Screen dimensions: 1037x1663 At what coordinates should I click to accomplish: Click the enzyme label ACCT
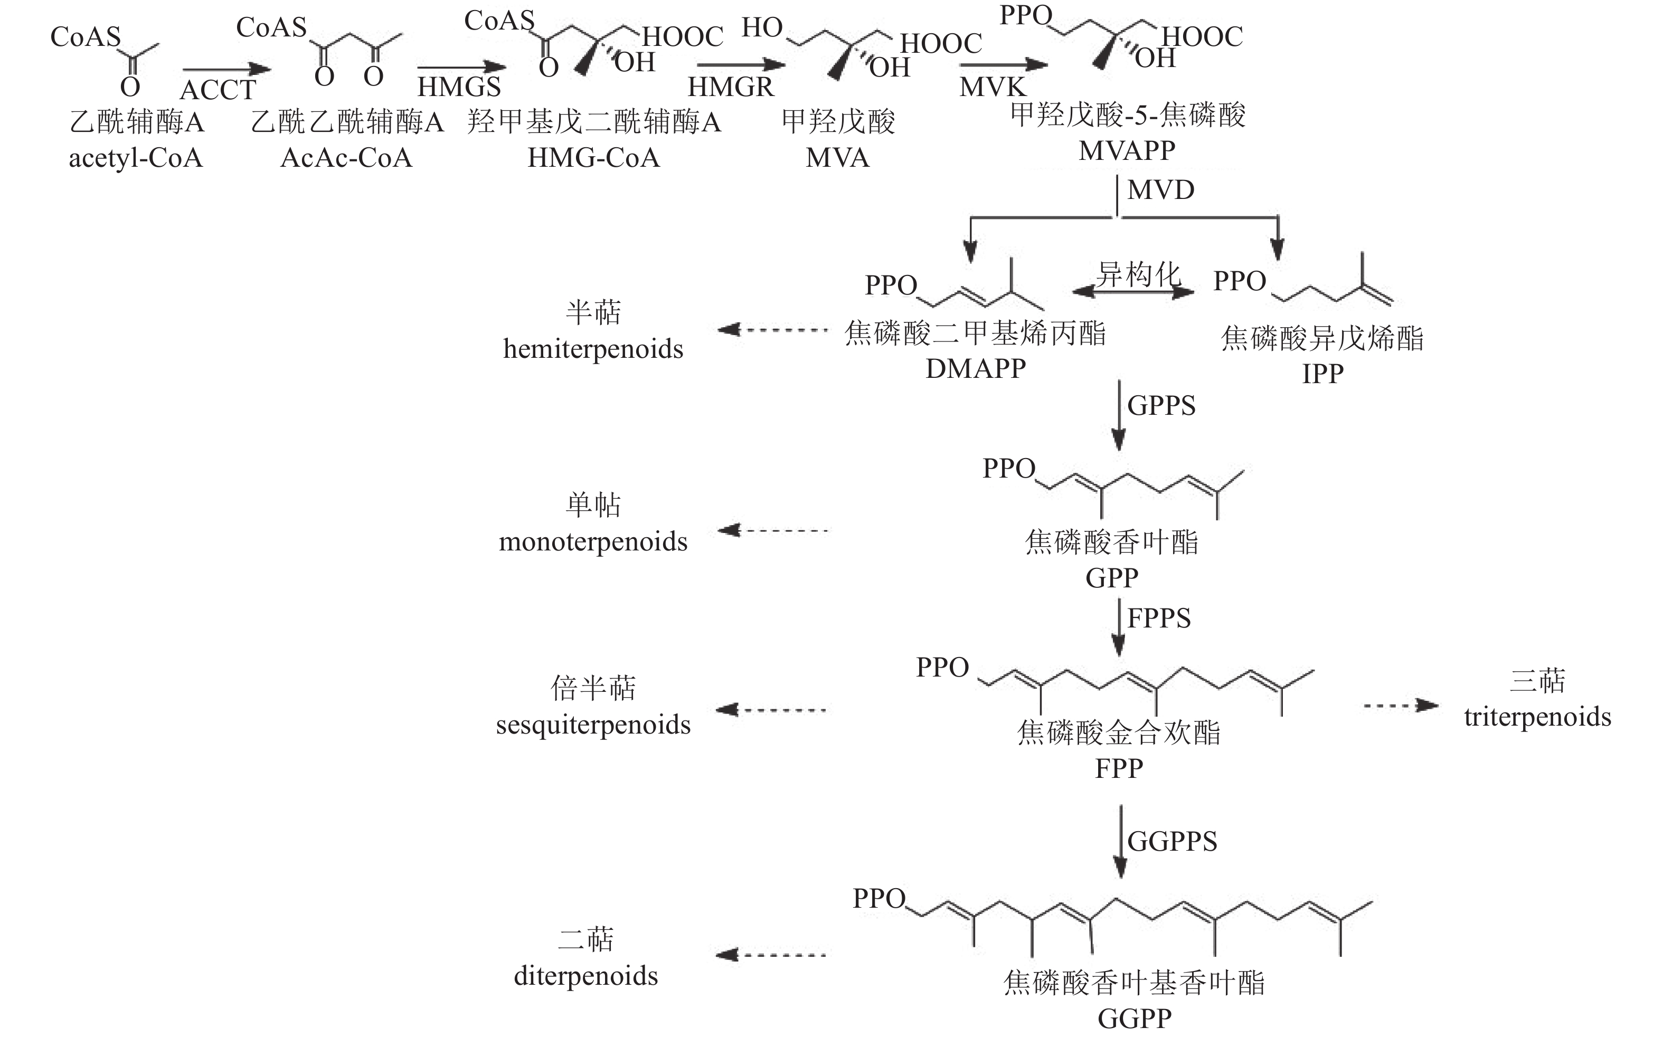[218, 90]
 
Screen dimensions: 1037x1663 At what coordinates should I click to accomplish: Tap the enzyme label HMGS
[459, 87]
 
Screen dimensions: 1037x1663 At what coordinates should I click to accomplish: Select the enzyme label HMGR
[731, 87]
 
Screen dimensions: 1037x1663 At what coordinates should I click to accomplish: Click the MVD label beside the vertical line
[1161, 190]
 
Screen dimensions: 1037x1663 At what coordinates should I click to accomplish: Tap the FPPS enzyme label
[1159, 619]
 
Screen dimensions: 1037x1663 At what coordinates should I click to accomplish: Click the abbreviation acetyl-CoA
[136, 158]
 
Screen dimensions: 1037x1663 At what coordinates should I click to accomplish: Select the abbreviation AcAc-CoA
[346, 158]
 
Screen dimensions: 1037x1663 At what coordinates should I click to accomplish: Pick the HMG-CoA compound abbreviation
[593, 158]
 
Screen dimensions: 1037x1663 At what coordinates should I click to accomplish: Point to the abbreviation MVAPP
[1127, 150]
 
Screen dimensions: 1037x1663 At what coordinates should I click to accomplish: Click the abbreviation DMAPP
[976, 369]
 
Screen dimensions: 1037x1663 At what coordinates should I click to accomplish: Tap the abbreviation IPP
[1322, 374]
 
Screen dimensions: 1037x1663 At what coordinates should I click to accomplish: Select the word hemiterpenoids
[593, 349]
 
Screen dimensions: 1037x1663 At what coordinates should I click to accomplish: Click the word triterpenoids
[1537, 717]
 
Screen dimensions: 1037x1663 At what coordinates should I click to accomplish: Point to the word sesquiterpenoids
[593, 724]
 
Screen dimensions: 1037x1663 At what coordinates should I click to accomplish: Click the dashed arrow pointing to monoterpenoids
[772, 530]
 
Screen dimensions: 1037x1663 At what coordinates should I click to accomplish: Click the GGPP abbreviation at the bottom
[1135, 1019]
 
